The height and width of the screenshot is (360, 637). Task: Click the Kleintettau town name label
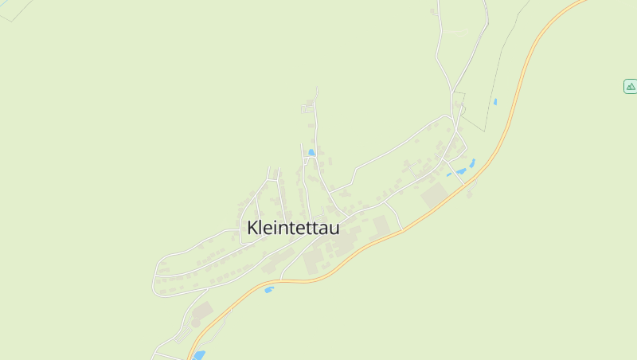(293, 228)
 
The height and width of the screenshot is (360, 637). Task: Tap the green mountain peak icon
(630, 86)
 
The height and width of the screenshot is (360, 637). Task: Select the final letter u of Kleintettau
(334, 229)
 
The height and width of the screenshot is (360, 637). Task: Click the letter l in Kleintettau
(264, 227)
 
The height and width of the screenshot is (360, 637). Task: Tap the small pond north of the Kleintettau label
(311, 152)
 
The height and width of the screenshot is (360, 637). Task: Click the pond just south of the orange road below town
(269, 289)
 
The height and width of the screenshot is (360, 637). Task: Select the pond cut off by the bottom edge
(199, 355)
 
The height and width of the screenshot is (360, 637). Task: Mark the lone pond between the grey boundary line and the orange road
(494, 102)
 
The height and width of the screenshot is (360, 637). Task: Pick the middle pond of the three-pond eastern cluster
(461, 171)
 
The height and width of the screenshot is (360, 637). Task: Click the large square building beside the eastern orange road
(435, 195)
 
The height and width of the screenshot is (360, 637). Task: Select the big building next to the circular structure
(204, 310)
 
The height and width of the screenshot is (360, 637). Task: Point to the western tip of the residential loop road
(154, 280)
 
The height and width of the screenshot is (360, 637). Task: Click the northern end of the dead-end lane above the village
(317, 88)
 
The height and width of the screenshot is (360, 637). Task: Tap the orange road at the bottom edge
(189, 357)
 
